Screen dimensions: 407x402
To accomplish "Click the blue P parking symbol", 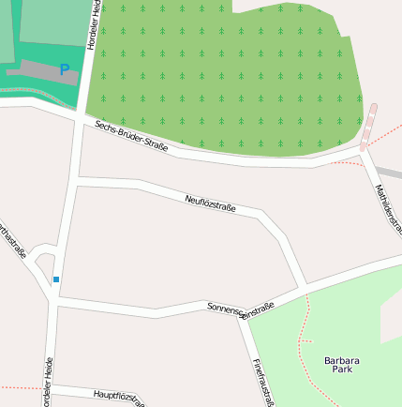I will click(64, 69).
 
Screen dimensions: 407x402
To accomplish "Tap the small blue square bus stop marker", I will click(56, 279).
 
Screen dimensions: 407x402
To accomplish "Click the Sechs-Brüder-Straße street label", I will click(131, 135).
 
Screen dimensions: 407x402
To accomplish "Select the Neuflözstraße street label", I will click(210, 203).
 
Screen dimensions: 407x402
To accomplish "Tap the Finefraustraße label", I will click(262, 381).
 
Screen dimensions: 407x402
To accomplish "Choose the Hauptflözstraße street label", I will click(119, 398).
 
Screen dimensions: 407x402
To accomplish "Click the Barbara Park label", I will click(341, 365).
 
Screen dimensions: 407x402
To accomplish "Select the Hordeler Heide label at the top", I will click(93, 24).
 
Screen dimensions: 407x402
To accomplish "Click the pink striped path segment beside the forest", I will click(369, 127).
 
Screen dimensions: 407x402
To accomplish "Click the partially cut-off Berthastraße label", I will click(11, 241).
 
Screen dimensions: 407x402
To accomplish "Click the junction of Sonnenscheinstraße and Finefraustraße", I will click(249, 322).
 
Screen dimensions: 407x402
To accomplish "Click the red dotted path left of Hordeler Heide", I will click(19, 386).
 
